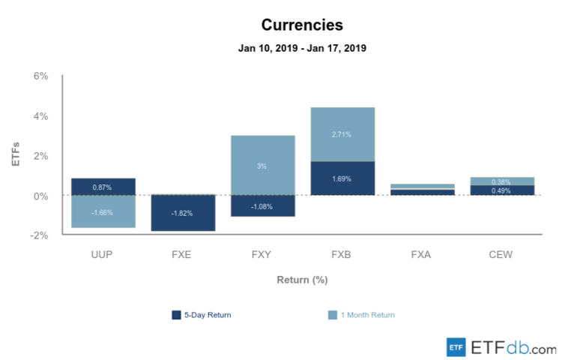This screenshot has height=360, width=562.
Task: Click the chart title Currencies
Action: [x=302, y=25]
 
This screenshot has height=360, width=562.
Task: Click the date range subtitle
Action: [x=302, y=48]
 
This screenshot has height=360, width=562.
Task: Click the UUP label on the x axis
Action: [x=103, y=254]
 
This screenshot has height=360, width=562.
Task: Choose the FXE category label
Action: [x=183, y=254]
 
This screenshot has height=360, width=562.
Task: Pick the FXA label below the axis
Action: [x=422, y=254]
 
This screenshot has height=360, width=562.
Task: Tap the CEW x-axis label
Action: [x=501, y=254]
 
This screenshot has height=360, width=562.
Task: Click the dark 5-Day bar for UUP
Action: [x=103, y=187]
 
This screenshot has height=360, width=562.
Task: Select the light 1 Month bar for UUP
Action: [x=103, y=212]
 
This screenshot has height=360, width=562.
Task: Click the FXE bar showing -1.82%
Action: [x=183, y=213]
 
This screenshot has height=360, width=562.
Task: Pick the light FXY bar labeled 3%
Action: [x=262, y=165]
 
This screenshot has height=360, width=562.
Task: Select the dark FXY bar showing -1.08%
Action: [x=262, y=206]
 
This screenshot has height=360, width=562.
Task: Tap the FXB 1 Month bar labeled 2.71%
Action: [x=342, y=134]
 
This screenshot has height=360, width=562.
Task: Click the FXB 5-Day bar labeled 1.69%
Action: [x=342, y=178]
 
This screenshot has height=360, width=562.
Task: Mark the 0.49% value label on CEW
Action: [x=501, y=190]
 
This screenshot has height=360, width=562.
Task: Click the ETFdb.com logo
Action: [x=501, y=347]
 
